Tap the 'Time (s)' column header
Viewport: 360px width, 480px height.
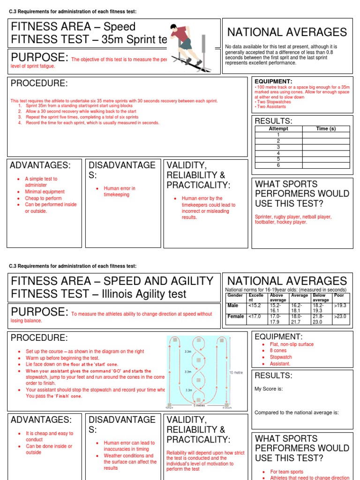coord(326,128)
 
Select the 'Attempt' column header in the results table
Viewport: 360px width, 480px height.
coord(278,128)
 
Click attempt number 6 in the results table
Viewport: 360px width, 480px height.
coord(278,165)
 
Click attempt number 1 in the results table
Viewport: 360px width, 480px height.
coord(278,135)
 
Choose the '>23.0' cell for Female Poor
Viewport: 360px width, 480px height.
coord(340,316)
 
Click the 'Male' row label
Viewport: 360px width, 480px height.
coord(233,305)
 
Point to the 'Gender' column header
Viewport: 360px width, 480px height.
coord(235,295)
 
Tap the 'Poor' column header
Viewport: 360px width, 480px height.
coord(338,295)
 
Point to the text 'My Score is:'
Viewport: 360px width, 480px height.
coord(268,389)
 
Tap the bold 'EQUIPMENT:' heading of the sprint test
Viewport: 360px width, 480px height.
coord(273,81)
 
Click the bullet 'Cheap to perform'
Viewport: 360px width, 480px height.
coord(43,198)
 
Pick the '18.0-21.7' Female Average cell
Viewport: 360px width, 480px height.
coord(300,319)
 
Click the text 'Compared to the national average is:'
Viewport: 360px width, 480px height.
coord(296,412)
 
